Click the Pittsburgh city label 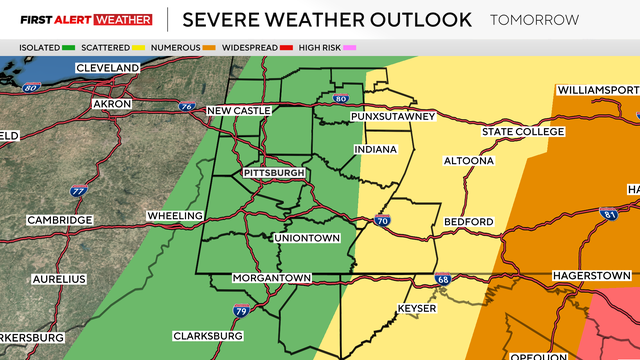point(273,173)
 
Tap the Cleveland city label point(106,68)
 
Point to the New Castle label point(238,110)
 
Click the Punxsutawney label point(393,117)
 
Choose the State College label point(517,132)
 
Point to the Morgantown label point(272,277)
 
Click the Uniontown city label point(307,238)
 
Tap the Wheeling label point(174,215)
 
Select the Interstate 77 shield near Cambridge point(79,191)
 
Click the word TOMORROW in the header point(534,19)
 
